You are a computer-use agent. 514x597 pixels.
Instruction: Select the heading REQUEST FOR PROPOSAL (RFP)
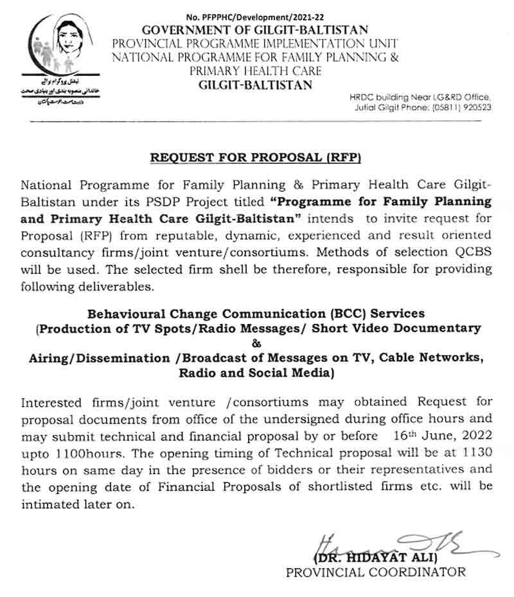(256, 157)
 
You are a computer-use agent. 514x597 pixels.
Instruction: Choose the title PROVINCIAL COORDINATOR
(376, 571)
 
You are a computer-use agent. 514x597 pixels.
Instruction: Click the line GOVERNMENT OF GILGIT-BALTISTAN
(255, 30)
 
